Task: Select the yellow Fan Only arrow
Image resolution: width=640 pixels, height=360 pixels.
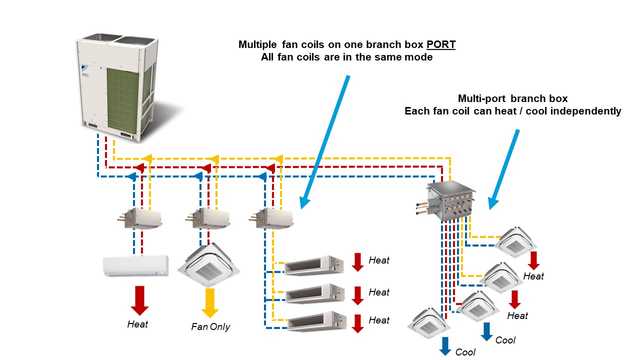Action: pos(211,301)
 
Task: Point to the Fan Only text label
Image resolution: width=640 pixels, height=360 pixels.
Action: pos(212,326)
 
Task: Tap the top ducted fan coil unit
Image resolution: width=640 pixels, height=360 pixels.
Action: pos(314,265)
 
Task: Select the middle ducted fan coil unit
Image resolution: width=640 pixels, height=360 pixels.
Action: pos(314,294)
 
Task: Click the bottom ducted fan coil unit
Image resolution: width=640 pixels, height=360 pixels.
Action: pos(314,322)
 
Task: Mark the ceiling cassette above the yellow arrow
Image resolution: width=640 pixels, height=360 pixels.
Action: pos(211,263)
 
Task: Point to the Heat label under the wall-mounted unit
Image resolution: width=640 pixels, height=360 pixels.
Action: pos(138,326)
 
